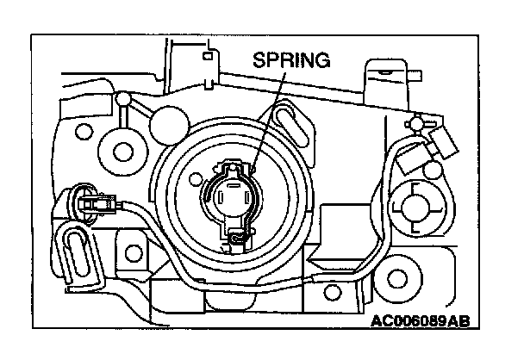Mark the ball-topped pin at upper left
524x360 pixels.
click(x=125, y=102)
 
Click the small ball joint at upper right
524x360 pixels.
click(x=416, y=125)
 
